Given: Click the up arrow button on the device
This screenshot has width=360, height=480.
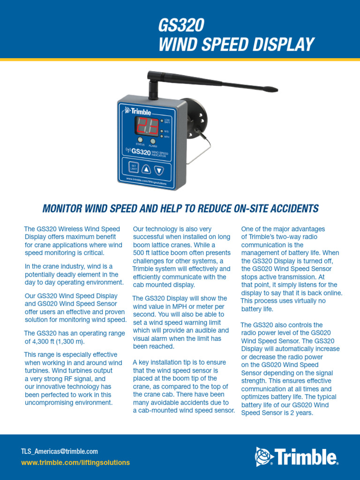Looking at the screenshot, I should tap(146, 169).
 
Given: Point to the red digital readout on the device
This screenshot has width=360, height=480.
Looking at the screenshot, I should tap(146, 126).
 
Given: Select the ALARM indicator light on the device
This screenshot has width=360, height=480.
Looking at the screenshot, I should tap(153, 141).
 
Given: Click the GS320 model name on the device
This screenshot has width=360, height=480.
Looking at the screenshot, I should tap(141, 151).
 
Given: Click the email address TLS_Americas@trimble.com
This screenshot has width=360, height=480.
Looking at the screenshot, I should tap(60, 451).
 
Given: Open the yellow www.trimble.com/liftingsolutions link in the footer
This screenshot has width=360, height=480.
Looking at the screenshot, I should tap(75, 463).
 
